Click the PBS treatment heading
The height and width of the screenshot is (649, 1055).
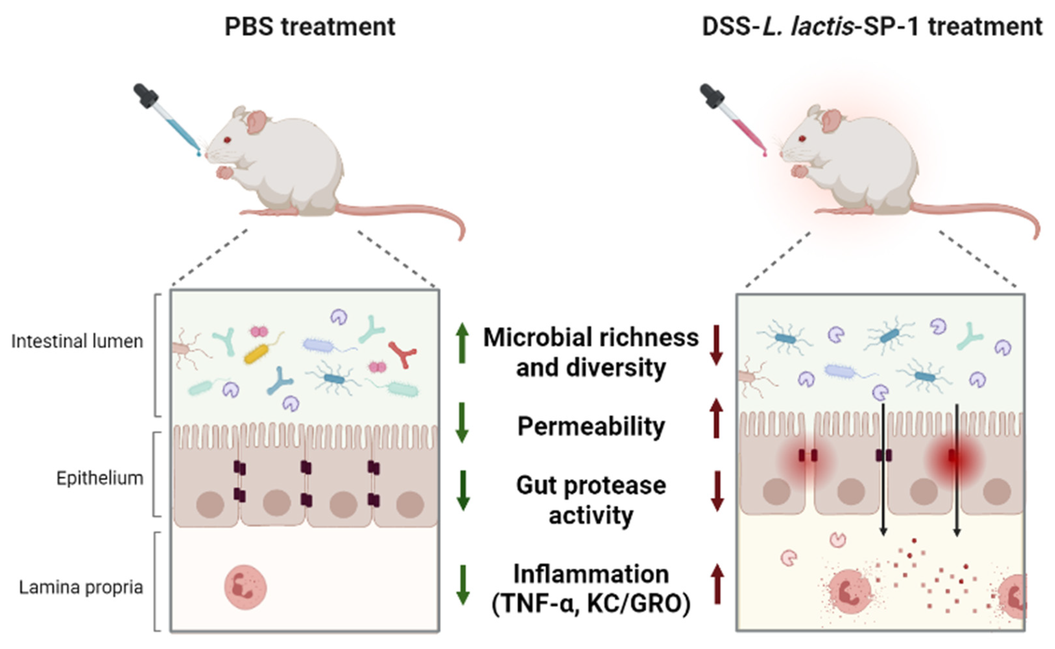click(x=309, y=27)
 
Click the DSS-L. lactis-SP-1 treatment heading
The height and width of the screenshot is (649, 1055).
click(x=871, y=27)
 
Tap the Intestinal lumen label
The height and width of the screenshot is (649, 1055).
click(x=78, y=341)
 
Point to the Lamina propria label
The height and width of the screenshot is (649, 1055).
click(x=81, y=587)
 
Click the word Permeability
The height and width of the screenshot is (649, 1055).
click(x=591, y=426)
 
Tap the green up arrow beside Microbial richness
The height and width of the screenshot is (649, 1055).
click(x=462, y=343)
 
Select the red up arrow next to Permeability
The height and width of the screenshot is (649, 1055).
click(x=716, y=418)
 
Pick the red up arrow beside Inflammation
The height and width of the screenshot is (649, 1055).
click(x=717, y=584)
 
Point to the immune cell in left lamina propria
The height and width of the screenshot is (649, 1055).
click(x=246, y=587)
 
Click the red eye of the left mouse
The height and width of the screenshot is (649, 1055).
click(x=227, y=140)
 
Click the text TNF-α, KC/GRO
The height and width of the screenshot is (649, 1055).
click(x=591, y=604)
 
